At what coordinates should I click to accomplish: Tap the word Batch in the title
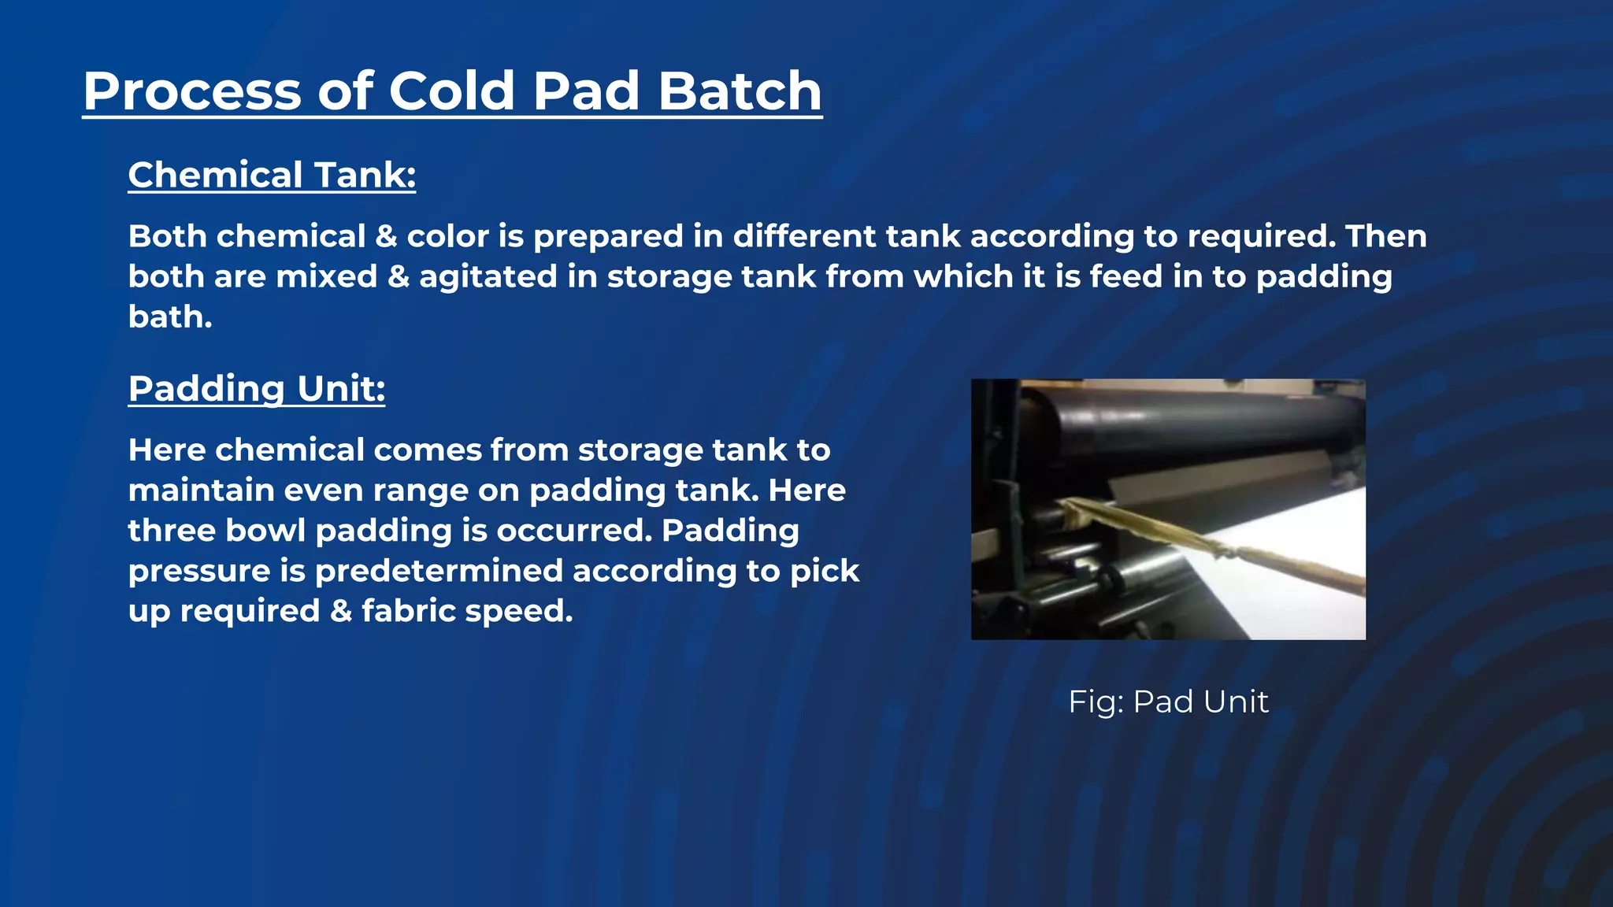(x=740, y=91)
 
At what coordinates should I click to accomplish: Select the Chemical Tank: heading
(x=272, y=175)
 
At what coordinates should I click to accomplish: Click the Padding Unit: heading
(x=257, y=389)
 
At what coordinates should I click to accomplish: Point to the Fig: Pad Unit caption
(x=1168, y=702)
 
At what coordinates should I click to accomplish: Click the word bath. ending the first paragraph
(x=170, y=317)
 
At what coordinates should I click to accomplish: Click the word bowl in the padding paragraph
(x=265, y=531)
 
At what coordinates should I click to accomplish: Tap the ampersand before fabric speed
(x=341, y=611)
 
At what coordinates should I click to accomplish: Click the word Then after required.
(x=1385, y=237)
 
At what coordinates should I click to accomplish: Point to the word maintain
(x=201, y=491)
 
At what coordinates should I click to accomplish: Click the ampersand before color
(x=386, y=237)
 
